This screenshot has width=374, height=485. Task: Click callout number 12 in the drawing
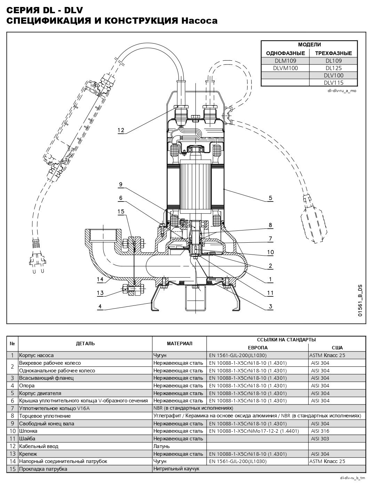(x=121, y=130)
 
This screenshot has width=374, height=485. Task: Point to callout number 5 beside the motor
(x=270, y=198)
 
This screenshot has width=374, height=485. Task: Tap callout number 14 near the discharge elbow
(x=100, y=279)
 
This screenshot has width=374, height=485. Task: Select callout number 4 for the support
(x=100, y=306)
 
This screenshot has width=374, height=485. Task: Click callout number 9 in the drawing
(x=121, y=184)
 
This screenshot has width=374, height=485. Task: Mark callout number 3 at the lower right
(x=270, y=306)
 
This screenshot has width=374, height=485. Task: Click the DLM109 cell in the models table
(x=285, y=60)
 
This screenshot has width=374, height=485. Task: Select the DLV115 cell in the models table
(x=333, y=83)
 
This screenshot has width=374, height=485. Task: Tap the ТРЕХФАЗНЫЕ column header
(x=333, y=53)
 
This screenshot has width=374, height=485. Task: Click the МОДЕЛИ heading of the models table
(x=309, y=45)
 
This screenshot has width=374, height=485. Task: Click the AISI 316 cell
(x=320, y=431)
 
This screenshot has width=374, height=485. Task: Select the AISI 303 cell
(x=320, y=439)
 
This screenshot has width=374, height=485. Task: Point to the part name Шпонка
(x=28, y=431)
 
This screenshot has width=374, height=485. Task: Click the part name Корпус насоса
(x=36, y=355)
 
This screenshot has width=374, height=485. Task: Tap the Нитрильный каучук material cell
(x=176, y=469)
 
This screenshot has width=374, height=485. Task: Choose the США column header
(x=337, y=348)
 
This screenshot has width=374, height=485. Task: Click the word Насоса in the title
(x=199, y=21)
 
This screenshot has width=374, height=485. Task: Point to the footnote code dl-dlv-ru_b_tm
(x=353, y=478)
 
